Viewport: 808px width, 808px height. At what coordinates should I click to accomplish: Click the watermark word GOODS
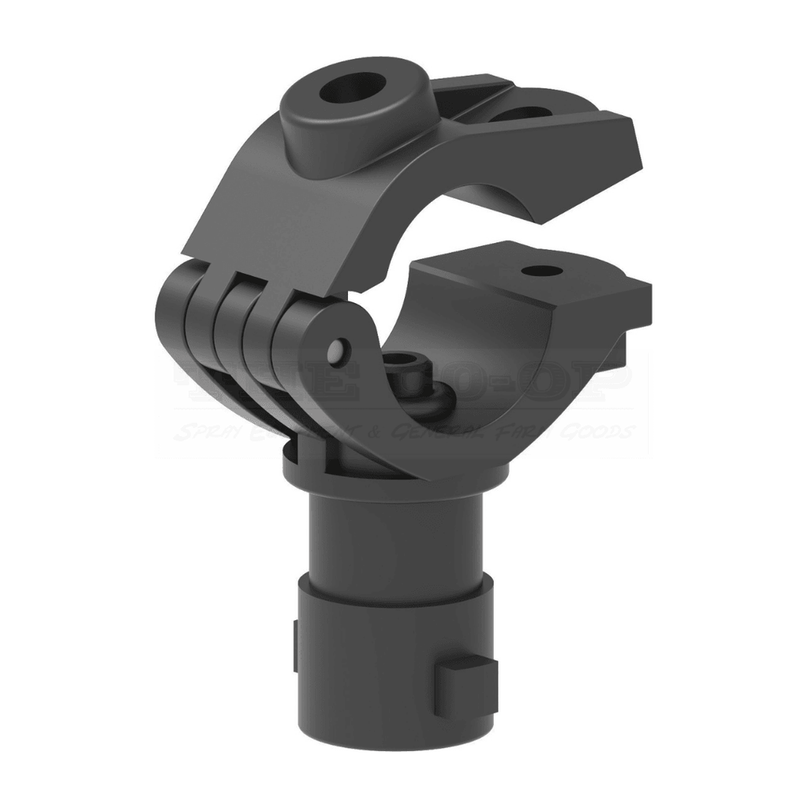[602, 432]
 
